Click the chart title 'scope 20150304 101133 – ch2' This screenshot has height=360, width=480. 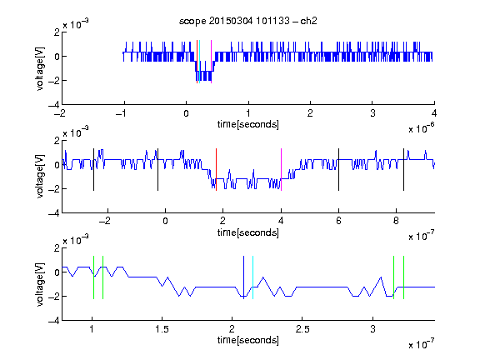pos(248,21)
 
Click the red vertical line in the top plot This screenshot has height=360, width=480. pos(197,62)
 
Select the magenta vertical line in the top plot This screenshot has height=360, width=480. pos(211,62)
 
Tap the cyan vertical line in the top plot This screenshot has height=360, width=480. pos(199,62)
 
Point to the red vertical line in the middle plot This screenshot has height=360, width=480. pos(216,170)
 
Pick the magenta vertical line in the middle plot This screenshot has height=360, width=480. pos(281,170)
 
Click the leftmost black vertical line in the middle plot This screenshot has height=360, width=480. pos(93,170)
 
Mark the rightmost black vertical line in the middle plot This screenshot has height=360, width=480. pos(403,170)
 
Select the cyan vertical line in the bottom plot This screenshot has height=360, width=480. pos(252,277)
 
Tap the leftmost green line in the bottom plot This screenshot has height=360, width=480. pos(93,277)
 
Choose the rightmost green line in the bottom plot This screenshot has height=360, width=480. pos(404,277)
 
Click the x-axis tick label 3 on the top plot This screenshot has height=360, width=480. pos(372,113)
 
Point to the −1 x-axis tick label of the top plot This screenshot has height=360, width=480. pos(122,113)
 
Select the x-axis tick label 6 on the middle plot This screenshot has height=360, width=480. pos(338,221)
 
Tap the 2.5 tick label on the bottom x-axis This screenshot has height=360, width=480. pos(302,329)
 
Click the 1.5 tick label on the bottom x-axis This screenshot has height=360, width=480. pos(162,329)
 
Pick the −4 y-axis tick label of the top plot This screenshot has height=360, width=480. pos(54,105)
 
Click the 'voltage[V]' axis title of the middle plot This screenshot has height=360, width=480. pos(40,177)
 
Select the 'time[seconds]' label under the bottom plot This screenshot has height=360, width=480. pos(248,340)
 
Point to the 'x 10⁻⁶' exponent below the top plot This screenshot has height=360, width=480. pos(422,128)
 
